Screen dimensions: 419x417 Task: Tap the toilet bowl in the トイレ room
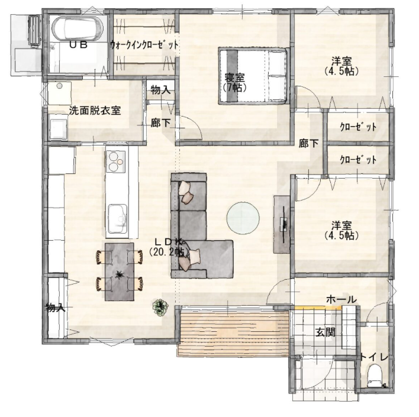pos(375,376)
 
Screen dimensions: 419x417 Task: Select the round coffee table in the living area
pos(243,218)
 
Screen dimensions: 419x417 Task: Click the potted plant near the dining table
pos(160,308)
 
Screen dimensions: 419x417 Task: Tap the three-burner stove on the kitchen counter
pos(116,161)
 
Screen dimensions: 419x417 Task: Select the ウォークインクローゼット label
pos(144,45)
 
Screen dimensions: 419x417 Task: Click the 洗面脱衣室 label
pos(95,111)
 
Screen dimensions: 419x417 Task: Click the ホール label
pos(341,299)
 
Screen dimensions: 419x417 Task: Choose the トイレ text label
pos(374,357)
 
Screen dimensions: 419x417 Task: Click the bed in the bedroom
pos(253,76)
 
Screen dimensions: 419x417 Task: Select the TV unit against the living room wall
pos(282,224)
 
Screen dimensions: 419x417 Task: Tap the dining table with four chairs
pos(120,271)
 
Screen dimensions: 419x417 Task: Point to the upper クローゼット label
pos(359,127)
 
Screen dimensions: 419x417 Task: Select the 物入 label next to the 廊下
pos(160,90)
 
